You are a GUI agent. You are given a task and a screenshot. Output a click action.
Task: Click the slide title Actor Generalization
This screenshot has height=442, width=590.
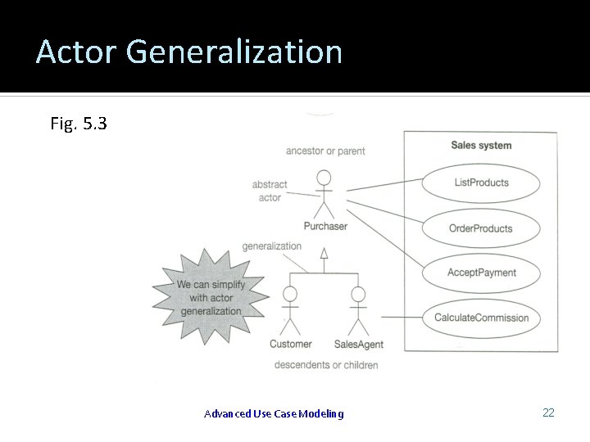(x=188, y=52)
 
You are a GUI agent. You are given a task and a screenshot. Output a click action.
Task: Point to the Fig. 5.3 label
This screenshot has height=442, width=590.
(x=78, y=124)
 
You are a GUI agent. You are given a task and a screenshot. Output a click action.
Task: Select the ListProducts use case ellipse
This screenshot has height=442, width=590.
(x=481, y=183)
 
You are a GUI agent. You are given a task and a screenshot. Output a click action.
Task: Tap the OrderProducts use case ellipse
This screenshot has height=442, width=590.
(x=481, y=228)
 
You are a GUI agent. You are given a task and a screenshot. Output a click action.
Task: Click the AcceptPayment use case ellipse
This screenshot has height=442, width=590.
(x=481, y=273)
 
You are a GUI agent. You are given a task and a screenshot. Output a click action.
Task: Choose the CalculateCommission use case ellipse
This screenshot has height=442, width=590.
(x=481, y=318)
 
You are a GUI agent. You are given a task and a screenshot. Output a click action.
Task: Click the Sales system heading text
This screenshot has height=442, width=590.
(x=481, y=146)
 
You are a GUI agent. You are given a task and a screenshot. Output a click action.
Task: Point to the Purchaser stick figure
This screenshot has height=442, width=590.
(x=324, y=193)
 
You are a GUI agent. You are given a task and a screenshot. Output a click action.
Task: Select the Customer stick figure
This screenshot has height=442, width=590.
(x=290, y=310)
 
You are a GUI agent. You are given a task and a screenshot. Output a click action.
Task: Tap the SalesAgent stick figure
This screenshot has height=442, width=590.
(x=358, y=310)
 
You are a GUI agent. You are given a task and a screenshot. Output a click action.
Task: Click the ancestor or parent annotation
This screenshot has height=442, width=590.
(x=325, y=151)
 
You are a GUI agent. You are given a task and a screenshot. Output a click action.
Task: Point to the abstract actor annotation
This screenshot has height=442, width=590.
(x=268, y=191)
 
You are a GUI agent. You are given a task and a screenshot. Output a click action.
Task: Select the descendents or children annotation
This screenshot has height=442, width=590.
(x=326, y=364)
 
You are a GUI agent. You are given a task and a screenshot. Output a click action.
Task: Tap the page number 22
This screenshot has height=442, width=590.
(x=548, y=413)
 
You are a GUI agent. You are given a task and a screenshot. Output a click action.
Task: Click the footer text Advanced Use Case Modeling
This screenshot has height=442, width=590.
(x=274, y=414)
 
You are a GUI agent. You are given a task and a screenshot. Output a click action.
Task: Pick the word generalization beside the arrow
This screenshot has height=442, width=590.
(x=272, y=246)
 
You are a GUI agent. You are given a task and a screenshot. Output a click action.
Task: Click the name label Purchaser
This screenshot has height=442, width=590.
(x=325, y=226)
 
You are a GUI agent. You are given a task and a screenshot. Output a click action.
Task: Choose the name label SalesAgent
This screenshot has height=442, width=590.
(x=359, y=345)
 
